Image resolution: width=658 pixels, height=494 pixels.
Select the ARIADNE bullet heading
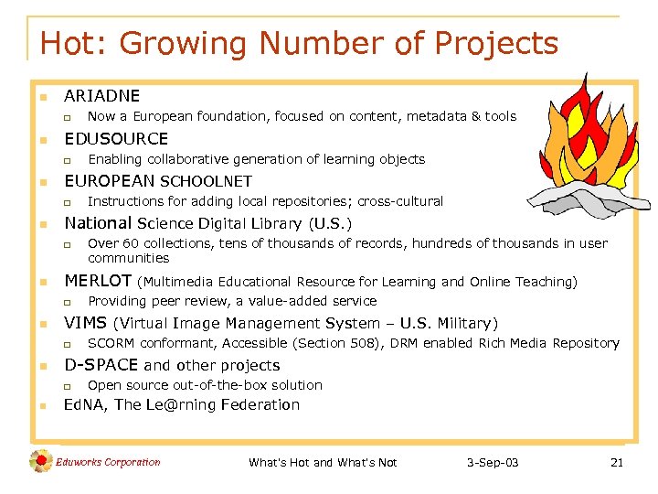pyautogui.click(x=101, y=95)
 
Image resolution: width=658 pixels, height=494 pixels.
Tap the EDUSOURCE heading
pyautogui.click(x=116, y=138)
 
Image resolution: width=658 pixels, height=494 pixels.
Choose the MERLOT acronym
pyautogui.click(x=97, y=281)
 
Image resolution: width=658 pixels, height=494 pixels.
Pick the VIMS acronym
pyautogui.click(x=84, y=323)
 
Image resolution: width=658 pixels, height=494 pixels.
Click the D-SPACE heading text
pyautogui.click(x=101, y=365)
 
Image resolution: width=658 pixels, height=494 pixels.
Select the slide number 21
pyautogui.click(x=616, y=463)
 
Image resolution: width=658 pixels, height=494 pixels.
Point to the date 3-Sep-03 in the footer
pyautogui.click(x=491, y=463)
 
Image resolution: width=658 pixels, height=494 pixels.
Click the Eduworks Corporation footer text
pyautogui.click(x=108, y=462)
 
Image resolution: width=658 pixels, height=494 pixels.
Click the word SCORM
pyautogui.click(x=109, y=343)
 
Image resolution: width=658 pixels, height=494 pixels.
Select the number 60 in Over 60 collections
pyautogui.click(x=128, y=243)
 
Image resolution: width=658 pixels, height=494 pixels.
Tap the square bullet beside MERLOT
pyautogui.click(x=42, y=282)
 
